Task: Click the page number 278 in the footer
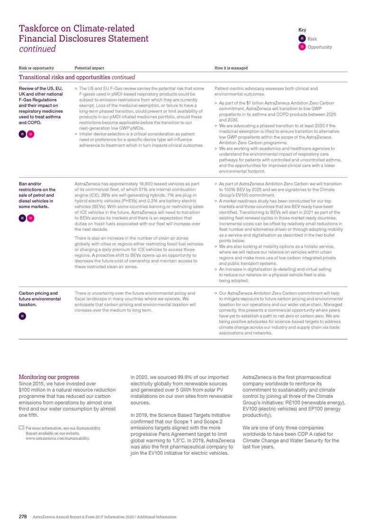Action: coord(23,517)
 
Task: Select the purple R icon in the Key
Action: coord(301,38)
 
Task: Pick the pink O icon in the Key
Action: coord(301,47)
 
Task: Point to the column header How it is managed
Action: coord(231,68)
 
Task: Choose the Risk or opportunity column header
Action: coord(36,68)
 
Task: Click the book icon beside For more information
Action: coord(21,428)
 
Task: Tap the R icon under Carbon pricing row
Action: coord(22,316)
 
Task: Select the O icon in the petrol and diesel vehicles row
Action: coord(30,218)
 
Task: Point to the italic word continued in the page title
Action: coord(37,49)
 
